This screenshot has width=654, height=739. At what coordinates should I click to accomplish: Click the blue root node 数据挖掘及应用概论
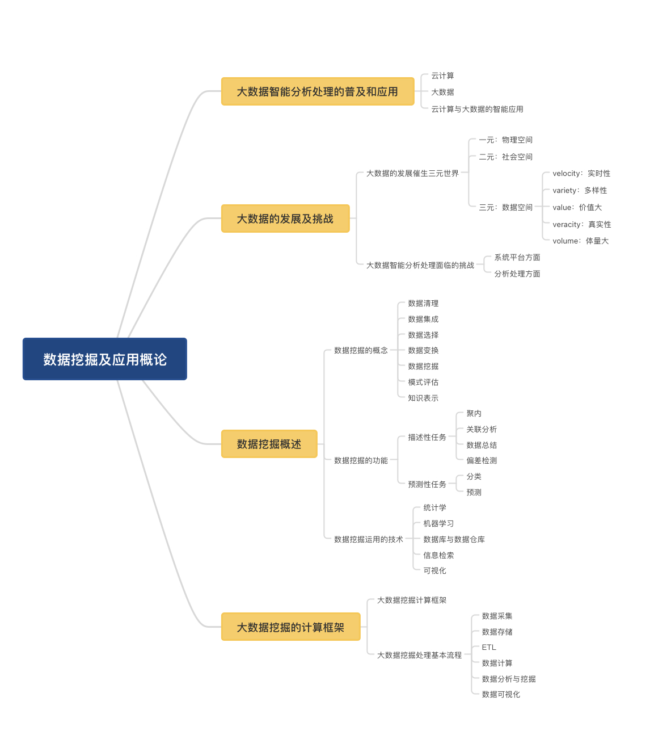(105, 359)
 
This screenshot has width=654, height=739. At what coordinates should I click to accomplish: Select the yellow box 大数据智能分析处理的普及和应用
(318, 92)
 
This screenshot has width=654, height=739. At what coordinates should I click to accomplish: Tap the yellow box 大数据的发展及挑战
(285, 219)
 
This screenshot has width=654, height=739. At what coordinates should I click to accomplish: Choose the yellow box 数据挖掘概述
(269, 444)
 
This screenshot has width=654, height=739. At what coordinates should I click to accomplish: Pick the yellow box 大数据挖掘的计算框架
(290, 627)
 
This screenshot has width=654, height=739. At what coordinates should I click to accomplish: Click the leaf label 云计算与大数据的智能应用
(477, 109)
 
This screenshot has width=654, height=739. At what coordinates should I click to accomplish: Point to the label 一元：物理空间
(505, 140)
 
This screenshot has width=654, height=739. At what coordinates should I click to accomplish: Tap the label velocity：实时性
(581, 173)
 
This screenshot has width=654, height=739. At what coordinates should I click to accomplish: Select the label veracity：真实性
(581, 224)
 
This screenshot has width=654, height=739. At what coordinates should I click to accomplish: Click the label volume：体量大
(580, 241)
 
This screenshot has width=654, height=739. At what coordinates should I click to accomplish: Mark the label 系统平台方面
(517, 257)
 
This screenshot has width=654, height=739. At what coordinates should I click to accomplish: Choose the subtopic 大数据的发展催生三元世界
(412, 173)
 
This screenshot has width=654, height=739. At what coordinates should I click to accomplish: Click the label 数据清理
(423, 303)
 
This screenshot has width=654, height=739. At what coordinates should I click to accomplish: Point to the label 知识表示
(423, 398)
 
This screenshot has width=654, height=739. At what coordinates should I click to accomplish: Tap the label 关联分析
(482, 429)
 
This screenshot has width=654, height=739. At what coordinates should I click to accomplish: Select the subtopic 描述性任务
(427, 437)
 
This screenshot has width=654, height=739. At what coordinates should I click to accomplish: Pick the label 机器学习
(438, 523)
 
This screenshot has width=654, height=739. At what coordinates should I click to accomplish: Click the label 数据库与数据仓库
(454, 539)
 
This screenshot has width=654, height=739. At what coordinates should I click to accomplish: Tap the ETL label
(489, 647)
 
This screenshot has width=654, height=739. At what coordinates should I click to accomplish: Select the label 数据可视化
(501, 694)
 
